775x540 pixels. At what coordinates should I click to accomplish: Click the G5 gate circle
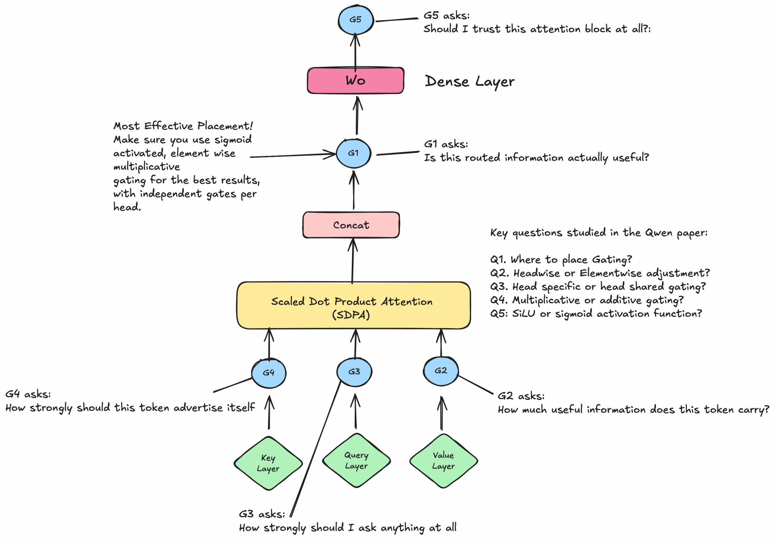coord(355,20)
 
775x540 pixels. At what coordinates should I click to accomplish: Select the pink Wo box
coord(355,80)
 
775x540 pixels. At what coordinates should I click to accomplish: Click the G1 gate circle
coord(353,153)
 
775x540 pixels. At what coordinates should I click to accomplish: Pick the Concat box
coord(351,225)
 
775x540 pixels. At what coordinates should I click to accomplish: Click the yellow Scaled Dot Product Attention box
coord(353,306)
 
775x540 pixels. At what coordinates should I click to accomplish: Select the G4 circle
coord(269,373)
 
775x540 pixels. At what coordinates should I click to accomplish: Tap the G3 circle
coord(354,372)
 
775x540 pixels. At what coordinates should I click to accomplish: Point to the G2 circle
coord(440,371)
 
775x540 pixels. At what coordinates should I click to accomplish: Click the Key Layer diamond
coord(268,463)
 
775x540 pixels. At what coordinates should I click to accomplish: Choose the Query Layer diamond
coord(356,460)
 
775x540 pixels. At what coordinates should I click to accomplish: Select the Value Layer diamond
coord(443,461)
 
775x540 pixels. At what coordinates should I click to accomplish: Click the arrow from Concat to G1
coord(354,191)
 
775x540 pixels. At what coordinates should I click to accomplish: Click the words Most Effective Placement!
coord(183,126)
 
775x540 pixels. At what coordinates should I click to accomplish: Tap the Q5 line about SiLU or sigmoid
coord(596,314)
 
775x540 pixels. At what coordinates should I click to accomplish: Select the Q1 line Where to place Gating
coord(561,259)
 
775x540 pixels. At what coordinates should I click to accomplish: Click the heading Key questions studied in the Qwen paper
coord(599,233)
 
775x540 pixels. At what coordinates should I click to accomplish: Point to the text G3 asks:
coord(262,514)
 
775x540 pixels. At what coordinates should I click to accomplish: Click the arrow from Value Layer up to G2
coord(441,413)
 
